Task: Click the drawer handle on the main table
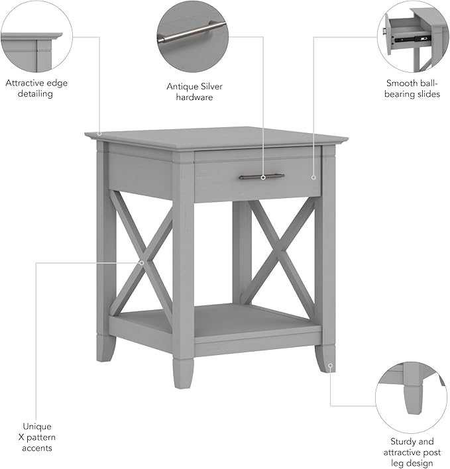(x=262, y=177)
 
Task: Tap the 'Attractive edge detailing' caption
(x=36, y=88)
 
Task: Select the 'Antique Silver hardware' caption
(x=190, y=91)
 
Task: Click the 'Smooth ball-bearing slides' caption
(x=413, y=89)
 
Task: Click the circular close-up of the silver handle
(x=192, y=32)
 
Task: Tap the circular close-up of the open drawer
(x=413, y=36)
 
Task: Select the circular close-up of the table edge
(x=36, y=36)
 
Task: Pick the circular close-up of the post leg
(x=411, y=397)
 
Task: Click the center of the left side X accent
(x=142, y=254)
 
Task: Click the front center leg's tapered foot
(x=183, y=372)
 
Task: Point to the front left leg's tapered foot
(x=106, y=348)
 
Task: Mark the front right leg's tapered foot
(x=325, y=358)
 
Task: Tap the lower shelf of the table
(x=219, y=321)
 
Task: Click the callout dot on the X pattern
(x=142, y=263)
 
